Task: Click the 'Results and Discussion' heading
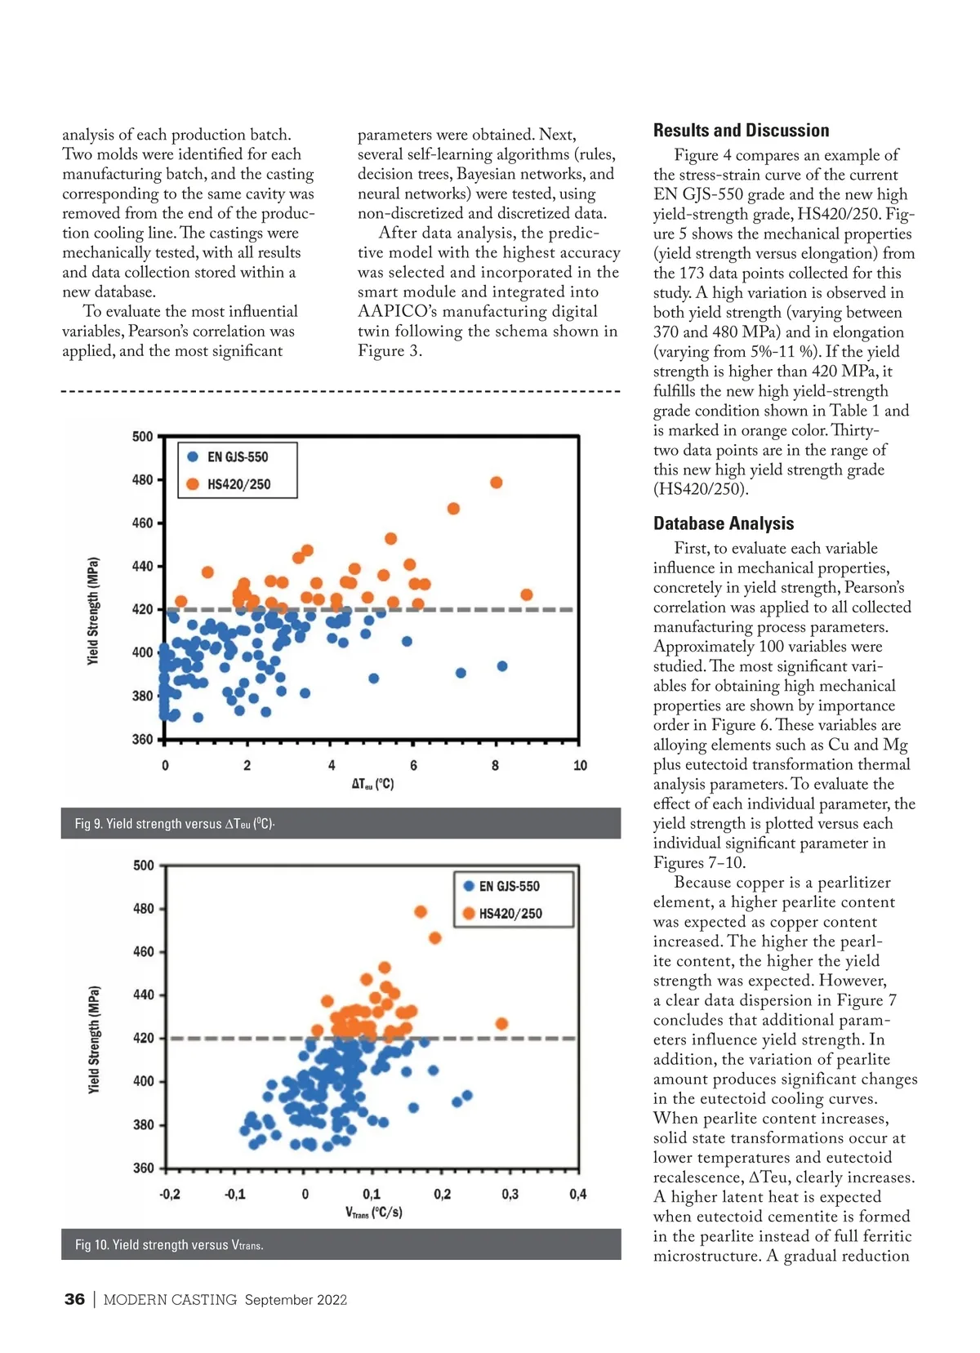pyautogui.click(x=741, y=131)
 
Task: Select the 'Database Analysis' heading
pyautogui.click(x=724, y=523)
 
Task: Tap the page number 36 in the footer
pyautogui.click(x=74, y=1299)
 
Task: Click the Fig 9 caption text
pyautogui.click(x=174, y=823)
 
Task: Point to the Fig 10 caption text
pyautogui.click(x=169, y=1244)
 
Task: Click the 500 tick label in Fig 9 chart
pyautogui.click(x=142, y=437)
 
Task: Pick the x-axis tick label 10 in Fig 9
pyautogui.click(x=580, y=766)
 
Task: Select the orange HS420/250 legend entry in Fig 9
pyautogui.click(x=238, y=484)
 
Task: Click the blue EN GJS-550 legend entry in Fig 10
pyautogui.click(x=508, y=886)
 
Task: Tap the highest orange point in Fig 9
pyautogui.click(x=496, y=483)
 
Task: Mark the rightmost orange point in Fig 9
pyautogui.click(x=527, y=594)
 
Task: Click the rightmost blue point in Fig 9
pyautogui.click(x=502, y=666)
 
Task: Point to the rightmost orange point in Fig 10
pyautogui.click(x=501, y=1024)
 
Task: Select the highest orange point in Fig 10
pyautogui.click(x=421, y=911)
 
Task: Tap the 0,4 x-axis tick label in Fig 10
pyautogui.click(x=577, y=1195)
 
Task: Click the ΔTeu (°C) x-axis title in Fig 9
pyautogui.click(x=372, y=784)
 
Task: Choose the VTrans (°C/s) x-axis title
pyautogui.click(x=373, y=1213)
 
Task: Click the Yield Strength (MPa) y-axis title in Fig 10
pyautogui.click(x=94, y=1040)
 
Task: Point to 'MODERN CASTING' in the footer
pyautogui.click(x=170, y=1300)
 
